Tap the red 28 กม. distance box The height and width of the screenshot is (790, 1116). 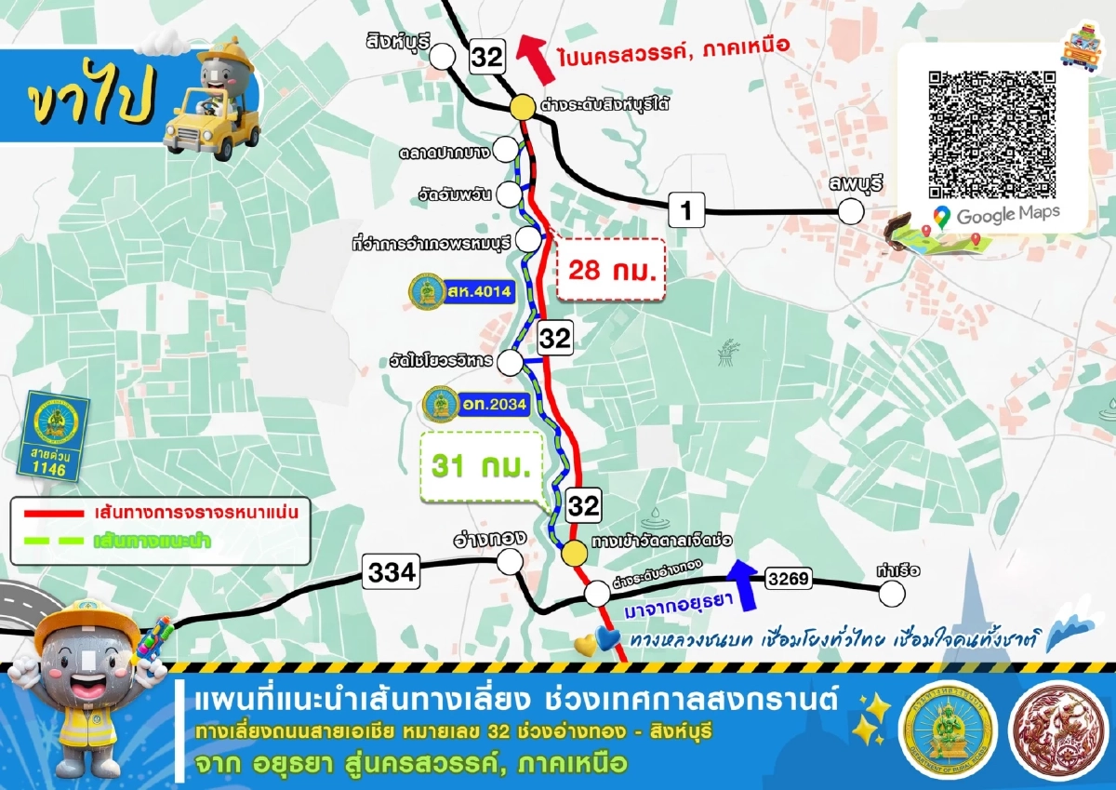[611, 270]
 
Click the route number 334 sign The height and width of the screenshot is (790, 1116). [392, 571]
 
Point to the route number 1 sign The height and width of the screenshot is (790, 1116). [686, 210]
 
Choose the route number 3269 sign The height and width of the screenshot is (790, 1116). [790, 581]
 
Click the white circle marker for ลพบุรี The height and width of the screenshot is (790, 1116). [850, 212]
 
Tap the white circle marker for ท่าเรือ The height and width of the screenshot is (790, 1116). [892, 594]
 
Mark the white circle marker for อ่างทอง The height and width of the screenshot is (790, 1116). [510, 561]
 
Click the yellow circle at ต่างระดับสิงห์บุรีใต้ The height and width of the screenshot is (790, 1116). [522, 107]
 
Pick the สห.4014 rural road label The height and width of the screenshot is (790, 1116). [461, 291]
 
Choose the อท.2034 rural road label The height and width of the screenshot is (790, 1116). [476, 405]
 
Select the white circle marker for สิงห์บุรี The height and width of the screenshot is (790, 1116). [441, 58]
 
